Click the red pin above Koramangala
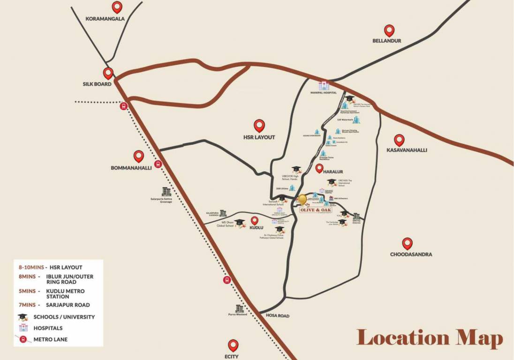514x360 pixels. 117,7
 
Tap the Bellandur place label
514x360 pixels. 386,41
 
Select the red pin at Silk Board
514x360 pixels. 108,73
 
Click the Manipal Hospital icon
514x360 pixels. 324,86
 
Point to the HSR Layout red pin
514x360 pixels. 259,125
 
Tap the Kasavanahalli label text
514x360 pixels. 407,150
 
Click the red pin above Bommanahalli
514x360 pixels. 138,156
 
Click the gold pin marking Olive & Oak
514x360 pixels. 302,200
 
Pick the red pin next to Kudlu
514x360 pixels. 255,220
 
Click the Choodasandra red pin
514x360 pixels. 408,243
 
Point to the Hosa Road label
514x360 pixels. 277,316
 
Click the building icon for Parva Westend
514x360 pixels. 240,308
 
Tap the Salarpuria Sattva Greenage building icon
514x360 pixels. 166,191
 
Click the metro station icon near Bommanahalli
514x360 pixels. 158,165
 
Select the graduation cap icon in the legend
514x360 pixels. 22,317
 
